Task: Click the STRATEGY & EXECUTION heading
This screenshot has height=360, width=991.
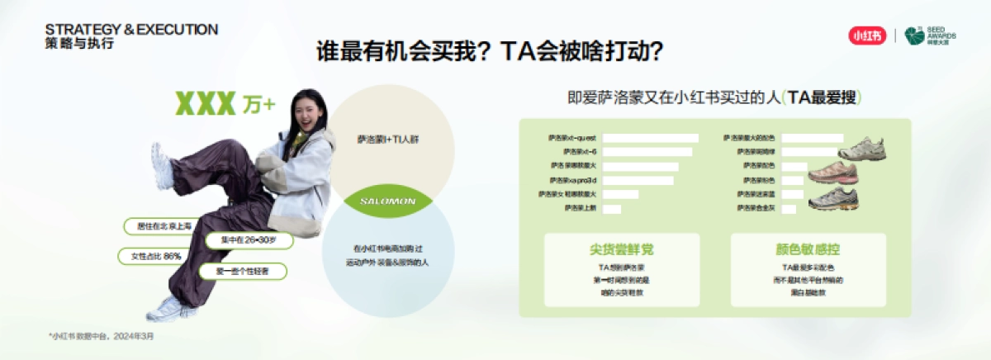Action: coord(131,30)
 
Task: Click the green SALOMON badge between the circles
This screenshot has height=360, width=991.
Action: coord(388,201)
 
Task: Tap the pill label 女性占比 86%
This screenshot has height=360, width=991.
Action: coord(151,256)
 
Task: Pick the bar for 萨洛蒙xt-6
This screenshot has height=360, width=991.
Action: coord(647,152)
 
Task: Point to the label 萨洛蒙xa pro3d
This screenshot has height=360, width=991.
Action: coord(573,180)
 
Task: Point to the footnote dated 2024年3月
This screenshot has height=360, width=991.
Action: coord(101,336)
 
